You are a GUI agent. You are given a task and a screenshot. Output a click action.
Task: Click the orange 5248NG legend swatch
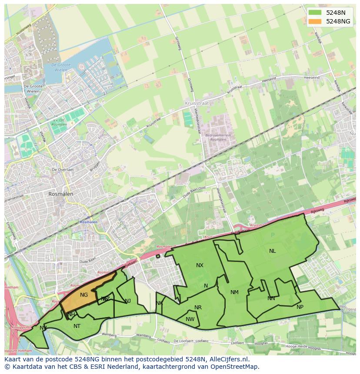tap(315, 21)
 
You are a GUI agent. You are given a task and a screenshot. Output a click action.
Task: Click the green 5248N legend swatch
tap(315, 13)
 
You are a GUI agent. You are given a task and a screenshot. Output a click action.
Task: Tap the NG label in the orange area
tap(84, 295)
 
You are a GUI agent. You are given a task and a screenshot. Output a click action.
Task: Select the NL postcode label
tap(272, 251)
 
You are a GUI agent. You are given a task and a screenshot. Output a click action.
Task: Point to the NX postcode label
tap(200, 265)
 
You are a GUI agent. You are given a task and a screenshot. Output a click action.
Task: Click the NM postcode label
tap(234, 292)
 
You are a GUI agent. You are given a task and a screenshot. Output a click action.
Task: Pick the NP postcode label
tap(300, 307)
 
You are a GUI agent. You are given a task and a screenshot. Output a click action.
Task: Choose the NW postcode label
tap(190, 319)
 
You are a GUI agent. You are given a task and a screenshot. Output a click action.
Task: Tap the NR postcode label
tap(198, 308)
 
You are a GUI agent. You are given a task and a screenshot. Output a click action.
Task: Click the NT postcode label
tap(77, 326)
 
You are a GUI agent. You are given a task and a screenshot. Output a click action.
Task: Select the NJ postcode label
tap(128, 301)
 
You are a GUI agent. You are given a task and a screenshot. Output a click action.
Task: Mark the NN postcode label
tap(271, 298)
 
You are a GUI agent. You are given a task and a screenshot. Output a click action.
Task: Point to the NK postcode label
tap(159, 303)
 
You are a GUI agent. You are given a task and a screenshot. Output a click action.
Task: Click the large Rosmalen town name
tap(61, 194)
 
